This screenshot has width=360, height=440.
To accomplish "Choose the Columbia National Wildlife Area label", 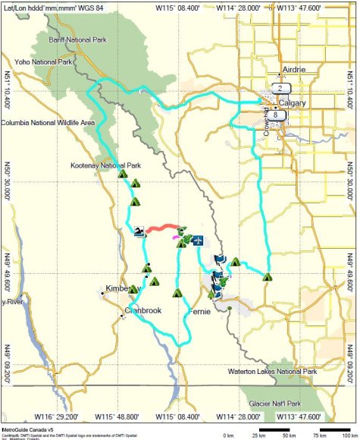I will coord(48,121).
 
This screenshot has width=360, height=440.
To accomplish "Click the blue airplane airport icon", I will coord(197,240).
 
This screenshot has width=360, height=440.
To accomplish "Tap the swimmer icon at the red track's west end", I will coord(139,231).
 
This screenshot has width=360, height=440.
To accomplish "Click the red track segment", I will coord(161,228).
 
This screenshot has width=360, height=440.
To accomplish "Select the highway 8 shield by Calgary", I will coord(279,115).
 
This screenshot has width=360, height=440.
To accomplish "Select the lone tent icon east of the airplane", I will coord(267,277).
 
